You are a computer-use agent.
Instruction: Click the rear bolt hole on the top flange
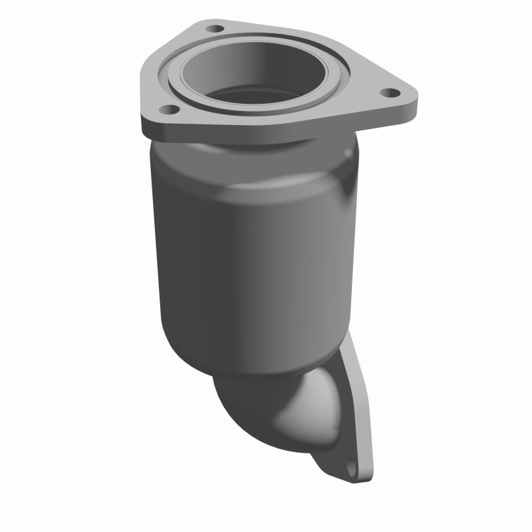(x=215, y=29)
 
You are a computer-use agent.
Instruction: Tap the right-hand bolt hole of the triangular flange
(x=391, y=92)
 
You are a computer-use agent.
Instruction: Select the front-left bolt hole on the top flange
(x=169, y=108)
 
